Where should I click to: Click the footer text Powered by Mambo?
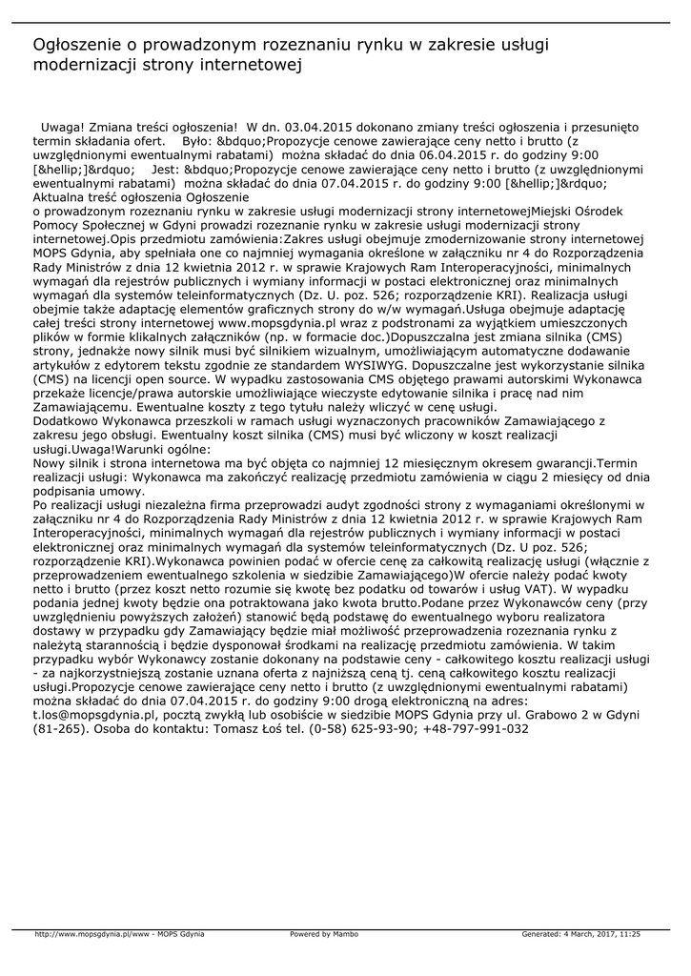(324, 934)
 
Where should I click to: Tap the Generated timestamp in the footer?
(581, 934)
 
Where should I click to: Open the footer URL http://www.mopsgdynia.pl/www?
(92, 934)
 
